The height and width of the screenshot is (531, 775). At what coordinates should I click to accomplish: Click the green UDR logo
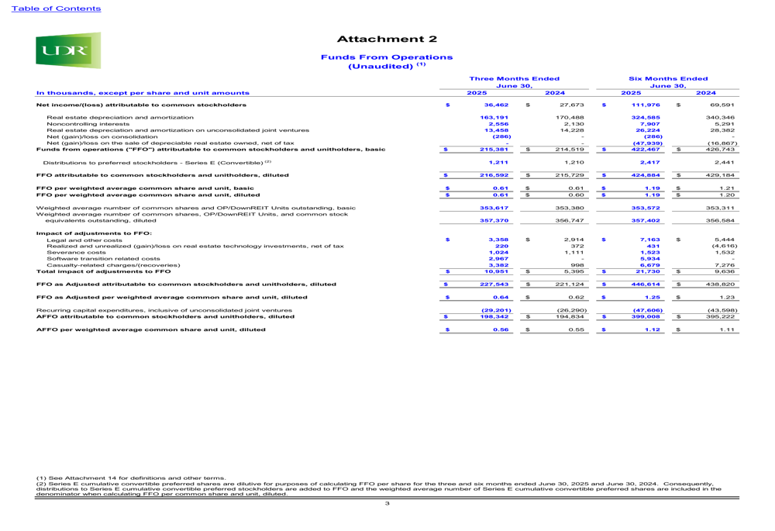[67, 50]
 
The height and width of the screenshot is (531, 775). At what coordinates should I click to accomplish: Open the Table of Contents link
[50, 9]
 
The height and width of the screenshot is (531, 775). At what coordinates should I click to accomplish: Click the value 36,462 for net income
[496, 104]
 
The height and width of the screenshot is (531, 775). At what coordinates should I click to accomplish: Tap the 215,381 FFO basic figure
[494, 149]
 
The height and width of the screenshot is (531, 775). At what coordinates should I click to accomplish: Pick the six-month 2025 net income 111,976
[647, 104]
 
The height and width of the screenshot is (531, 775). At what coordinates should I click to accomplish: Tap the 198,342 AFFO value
[494, 317]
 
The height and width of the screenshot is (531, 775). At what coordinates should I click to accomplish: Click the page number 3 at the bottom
[387, 505]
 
